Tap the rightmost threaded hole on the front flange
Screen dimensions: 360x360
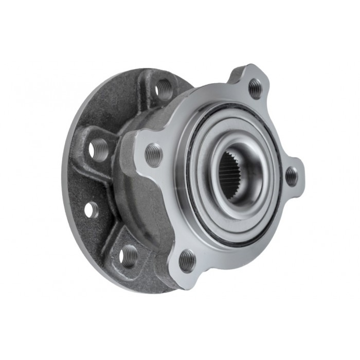coord(292,176)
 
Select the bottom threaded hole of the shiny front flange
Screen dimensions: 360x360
coord(187,261)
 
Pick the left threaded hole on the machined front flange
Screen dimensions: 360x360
coord(153,154)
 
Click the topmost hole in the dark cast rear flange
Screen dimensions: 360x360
coord(163,88)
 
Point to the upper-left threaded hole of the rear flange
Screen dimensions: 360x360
coord(98,150)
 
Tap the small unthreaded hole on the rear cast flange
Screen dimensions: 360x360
coord(91,209)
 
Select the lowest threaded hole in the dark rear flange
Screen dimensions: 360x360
coord(129,256)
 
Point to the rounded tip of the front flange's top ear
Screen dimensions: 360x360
coord(252,69)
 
